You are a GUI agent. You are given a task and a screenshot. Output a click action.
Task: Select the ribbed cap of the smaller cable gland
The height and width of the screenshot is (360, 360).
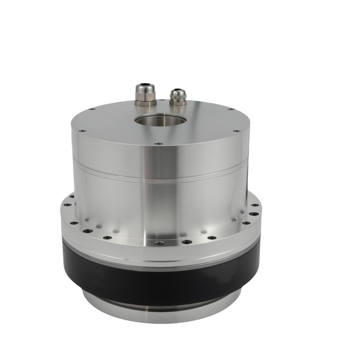click(177, 95)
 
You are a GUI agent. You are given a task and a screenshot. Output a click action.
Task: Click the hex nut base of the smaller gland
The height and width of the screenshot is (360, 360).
click(178, 102)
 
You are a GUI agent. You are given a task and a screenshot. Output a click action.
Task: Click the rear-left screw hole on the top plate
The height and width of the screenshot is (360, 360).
click(93, 109)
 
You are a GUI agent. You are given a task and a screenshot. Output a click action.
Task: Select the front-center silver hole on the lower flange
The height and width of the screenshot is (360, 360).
click(158, 243)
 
